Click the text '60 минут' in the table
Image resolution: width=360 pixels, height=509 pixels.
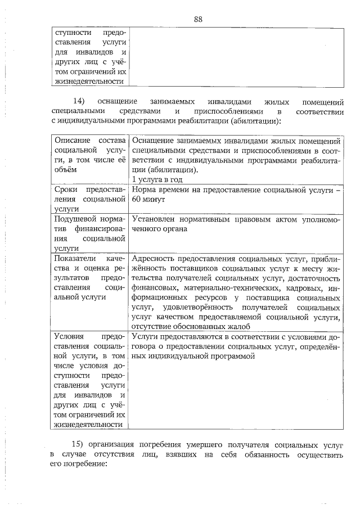pyautogui.click(x=148, y=200)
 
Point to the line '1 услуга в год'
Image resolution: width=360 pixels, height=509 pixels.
pyautogui.click(x=157, y=179)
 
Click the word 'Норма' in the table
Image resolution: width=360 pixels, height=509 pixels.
pyautogui.click(x=145, y=190)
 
